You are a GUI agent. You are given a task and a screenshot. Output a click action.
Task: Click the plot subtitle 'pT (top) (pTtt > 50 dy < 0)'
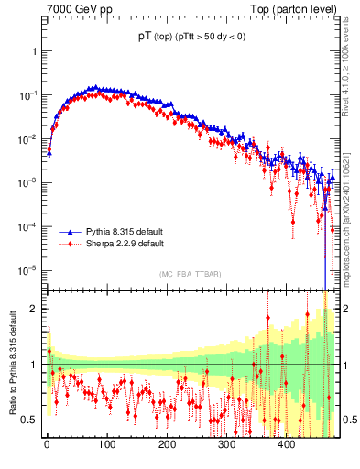point(191,37)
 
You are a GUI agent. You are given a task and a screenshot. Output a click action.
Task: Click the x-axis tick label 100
point(106,445)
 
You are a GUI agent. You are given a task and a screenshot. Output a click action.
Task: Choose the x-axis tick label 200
point(167,445)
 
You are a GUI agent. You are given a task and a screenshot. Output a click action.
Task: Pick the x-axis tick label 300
point(226,445)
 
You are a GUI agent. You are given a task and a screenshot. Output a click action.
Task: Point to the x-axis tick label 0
point(47,445)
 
